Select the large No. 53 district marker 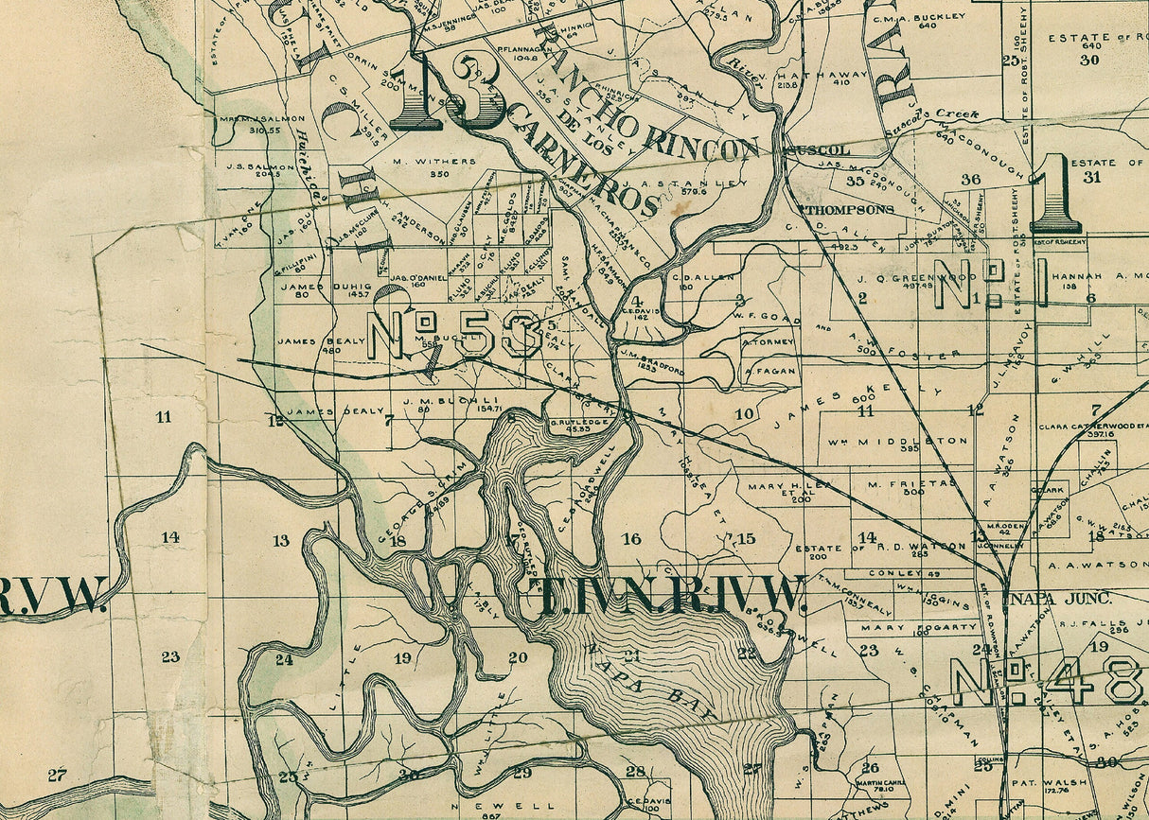[x=454, y=335]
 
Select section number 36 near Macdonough [x=970, y=179]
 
